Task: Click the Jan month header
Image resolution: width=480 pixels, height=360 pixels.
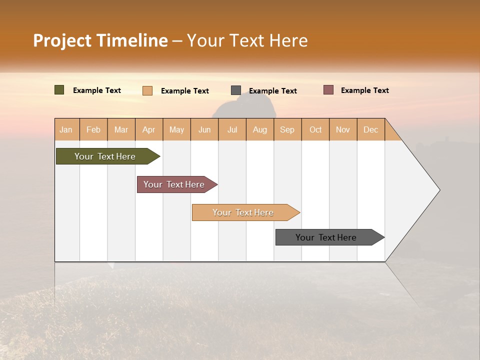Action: point(66,129)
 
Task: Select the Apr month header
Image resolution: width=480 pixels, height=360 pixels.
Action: point(148,129)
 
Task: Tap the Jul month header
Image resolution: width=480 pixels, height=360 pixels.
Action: point(232,129)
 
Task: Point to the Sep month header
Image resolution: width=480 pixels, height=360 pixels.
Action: point(287,129)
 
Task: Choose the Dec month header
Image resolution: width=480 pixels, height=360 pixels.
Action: point(370,129)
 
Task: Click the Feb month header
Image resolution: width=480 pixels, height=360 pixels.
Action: point(93,129)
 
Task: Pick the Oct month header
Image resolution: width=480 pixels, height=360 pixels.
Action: point(315,129)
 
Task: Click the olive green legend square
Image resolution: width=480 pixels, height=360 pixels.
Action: point(59,90)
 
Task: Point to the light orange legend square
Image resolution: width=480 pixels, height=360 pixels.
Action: point(147,90)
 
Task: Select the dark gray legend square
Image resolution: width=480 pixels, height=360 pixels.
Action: point(235,90)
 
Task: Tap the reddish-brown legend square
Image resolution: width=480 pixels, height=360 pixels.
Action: point(328,90)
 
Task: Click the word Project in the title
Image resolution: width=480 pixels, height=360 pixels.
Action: point(62,40)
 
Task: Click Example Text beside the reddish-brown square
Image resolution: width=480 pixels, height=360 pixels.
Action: point(364,90)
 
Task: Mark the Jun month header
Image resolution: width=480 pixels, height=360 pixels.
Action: point(204,129)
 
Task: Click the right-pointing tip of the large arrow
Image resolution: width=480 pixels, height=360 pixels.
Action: point(438,190)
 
